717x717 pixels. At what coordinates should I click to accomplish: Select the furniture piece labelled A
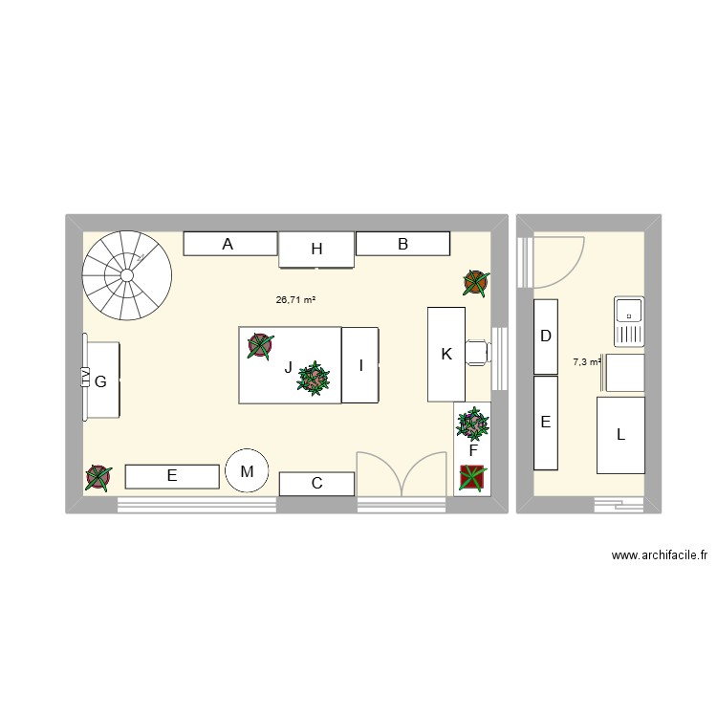point(228,244)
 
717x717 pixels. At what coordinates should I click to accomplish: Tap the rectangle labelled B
point(402,244)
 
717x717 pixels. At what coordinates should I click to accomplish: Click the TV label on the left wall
point(85,379)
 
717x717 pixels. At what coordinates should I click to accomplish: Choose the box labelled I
point(360,364)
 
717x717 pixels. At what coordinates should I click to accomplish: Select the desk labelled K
point(445,354)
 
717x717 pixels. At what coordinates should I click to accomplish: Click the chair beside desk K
point(478,352)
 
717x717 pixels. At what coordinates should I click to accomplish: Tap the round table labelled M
point(248,470)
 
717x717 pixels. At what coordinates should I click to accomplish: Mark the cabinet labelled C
point(316,484)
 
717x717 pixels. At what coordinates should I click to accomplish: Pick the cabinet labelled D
point(545,337)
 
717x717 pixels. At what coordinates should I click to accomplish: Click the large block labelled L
point(620,435)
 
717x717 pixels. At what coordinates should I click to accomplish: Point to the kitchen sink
point(630,321)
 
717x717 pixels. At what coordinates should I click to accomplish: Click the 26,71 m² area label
point(295,299)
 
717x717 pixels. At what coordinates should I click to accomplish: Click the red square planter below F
point(472,477)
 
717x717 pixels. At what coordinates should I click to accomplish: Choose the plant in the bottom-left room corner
point(98,477)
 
